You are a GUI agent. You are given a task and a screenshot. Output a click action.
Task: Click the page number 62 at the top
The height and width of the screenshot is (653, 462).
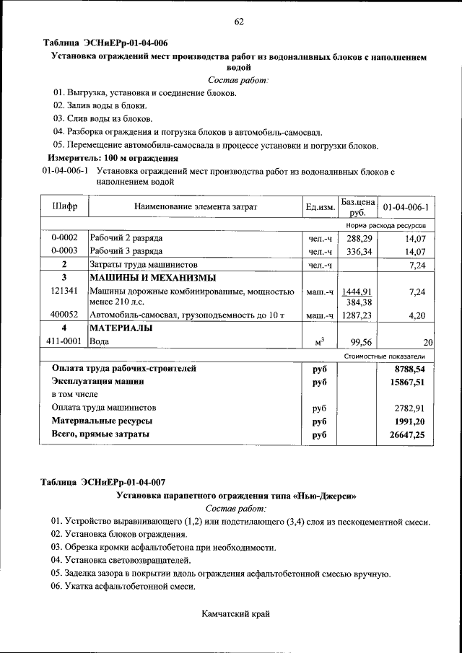click(238, 21)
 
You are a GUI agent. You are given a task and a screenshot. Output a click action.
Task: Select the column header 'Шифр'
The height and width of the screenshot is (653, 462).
click(65, 207)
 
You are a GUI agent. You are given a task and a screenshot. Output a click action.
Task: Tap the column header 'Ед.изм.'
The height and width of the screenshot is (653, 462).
click(321, 208)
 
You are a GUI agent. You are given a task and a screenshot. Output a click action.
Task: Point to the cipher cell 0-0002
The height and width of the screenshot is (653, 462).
click(64, 237)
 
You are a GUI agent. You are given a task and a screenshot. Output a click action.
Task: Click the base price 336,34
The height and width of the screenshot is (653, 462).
click(359, 251)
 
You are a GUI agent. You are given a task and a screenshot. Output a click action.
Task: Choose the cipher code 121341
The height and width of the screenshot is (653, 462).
click(64, 291)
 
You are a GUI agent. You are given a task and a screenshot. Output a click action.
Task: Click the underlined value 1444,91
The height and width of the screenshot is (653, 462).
click(357, 291)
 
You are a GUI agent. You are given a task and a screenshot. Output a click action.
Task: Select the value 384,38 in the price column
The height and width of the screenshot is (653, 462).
click(359, 302)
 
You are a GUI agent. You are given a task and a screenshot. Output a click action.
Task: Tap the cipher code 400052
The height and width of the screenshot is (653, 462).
click(64, 315)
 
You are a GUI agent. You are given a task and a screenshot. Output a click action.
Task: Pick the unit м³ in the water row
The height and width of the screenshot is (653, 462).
click(319, 342)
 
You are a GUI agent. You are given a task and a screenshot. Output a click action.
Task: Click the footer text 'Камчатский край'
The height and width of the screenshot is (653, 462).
click(237, 614)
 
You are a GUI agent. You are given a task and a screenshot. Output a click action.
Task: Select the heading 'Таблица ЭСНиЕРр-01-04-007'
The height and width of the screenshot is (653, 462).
click(105, 482)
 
